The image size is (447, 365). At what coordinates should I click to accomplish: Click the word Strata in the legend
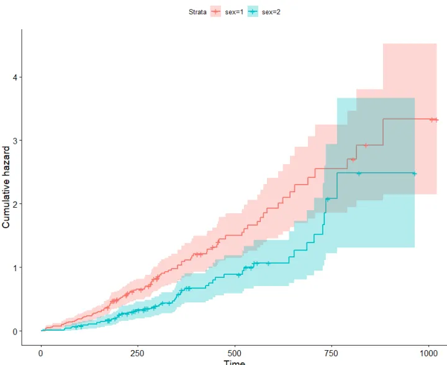[197, 11]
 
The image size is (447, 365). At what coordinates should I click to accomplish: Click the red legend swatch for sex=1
[216, 11]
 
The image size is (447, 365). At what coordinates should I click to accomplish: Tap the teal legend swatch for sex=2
[253, 11]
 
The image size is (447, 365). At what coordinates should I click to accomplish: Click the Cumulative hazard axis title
[6, 187]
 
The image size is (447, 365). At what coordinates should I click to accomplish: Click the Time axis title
[235, 363]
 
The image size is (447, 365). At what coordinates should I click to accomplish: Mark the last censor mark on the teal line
[414, 173]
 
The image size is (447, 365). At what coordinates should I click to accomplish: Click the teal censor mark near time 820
[359, 173]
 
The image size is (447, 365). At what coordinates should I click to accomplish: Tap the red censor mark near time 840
[366, 146]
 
